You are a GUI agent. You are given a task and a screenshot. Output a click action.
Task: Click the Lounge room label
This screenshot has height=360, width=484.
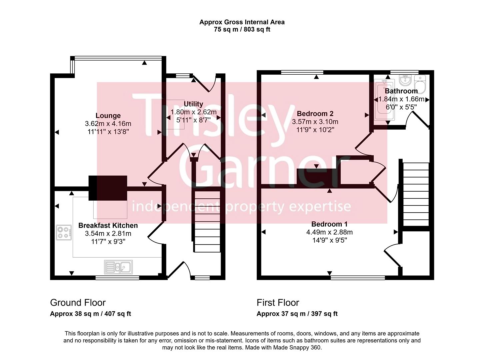(108, 116)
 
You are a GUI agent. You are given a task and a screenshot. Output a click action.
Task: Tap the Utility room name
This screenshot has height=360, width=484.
(193, 104)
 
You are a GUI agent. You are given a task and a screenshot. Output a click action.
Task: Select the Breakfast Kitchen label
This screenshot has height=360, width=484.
(108, 225)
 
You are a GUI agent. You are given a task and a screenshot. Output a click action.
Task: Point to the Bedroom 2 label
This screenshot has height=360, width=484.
(315, 114)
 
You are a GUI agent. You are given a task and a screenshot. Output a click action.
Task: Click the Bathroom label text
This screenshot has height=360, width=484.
(401, 91)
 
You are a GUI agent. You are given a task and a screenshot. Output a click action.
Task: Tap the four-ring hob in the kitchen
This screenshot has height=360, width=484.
(64, 232)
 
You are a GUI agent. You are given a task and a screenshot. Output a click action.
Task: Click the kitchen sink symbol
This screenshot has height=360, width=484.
(118, 267)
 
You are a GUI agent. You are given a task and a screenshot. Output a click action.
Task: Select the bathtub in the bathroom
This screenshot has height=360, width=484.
(384, 100)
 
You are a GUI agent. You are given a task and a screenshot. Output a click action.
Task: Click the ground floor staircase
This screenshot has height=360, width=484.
(207, 222)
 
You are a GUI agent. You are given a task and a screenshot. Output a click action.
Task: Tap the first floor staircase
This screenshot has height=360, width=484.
(416, 194)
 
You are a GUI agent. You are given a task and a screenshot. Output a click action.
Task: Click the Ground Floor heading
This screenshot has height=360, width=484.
(78, 303)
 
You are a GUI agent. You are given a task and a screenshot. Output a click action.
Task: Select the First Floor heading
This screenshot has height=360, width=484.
(278, 303)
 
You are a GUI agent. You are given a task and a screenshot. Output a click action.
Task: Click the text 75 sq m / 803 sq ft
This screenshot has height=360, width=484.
(242, 29)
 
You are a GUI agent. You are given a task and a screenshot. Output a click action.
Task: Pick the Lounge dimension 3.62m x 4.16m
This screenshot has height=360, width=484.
(108, 124)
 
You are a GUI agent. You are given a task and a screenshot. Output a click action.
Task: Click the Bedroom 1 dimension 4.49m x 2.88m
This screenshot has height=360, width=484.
(329, 232)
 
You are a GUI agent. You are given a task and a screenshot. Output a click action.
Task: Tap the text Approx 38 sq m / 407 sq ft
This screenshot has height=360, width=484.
(90, 314)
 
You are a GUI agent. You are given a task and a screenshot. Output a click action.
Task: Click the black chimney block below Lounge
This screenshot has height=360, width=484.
(108, 188)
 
